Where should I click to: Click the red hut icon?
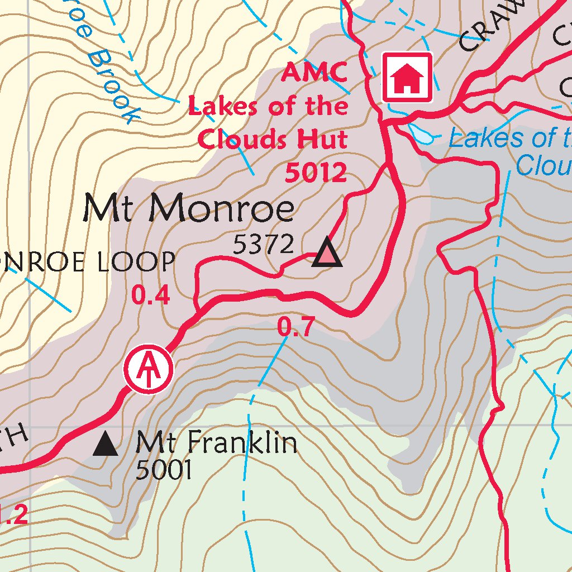coord(407,78)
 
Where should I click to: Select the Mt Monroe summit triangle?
coord(327,254)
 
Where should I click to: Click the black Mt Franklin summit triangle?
coord(105,445)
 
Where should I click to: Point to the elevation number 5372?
coord(263,244)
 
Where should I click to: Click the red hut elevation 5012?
coord(316,173)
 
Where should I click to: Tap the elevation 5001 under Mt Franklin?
coord(164,471)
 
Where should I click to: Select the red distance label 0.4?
coord(150,295)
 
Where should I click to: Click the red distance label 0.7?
coord(297,327)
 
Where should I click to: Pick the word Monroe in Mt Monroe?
coord(222,209)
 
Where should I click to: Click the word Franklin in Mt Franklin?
coord(241,443)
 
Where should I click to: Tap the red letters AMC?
coord(314,72)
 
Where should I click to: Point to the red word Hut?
coord(324,139)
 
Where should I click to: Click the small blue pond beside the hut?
coord(423,134)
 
